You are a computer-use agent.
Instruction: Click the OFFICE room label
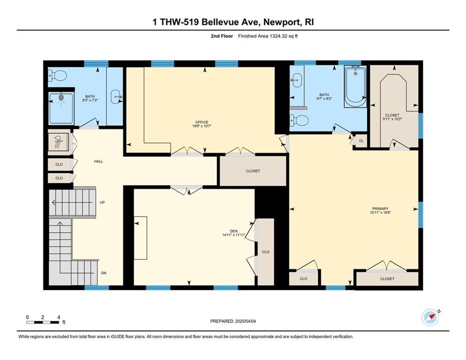pyautogui.click(x=202, y=122)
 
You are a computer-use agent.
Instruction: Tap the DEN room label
pyautogui.click(x=234, y=231)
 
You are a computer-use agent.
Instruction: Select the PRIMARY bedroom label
pyautogui.click(x=380, y=209)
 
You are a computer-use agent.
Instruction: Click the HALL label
pyautogui.click(x=98, y=161)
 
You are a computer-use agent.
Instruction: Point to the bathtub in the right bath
pyautogui.click(x=355, y=86)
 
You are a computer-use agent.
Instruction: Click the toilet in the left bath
pyautogui.click(x=58, y=75)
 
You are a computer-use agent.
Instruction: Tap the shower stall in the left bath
pyautogui.click(x=61, y=108)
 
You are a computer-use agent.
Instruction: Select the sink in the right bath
pyautogui.click(x=296, y=80)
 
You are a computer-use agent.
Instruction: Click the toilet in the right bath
pyautogui.click(x=299, y=120)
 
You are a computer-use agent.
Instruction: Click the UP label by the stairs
pyautogui.click(x=102, y=202)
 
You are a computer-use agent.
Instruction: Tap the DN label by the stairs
pyautogui.click(x=104, y=273)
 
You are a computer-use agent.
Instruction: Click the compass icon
pyautogui.click(x=430, y=318)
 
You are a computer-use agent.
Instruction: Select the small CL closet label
pyautogui.click(x=361, y=141)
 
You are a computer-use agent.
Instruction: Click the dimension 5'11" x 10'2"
pyautogui.click(x=392, y=119)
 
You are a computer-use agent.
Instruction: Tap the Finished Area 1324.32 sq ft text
pyautogui.click(x=268, y=36)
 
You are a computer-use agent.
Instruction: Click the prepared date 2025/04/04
pyautogui.click(x=245, y=321)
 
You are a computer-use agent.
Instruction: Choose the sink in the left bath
pyautogui.click(x=116, y=97)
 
